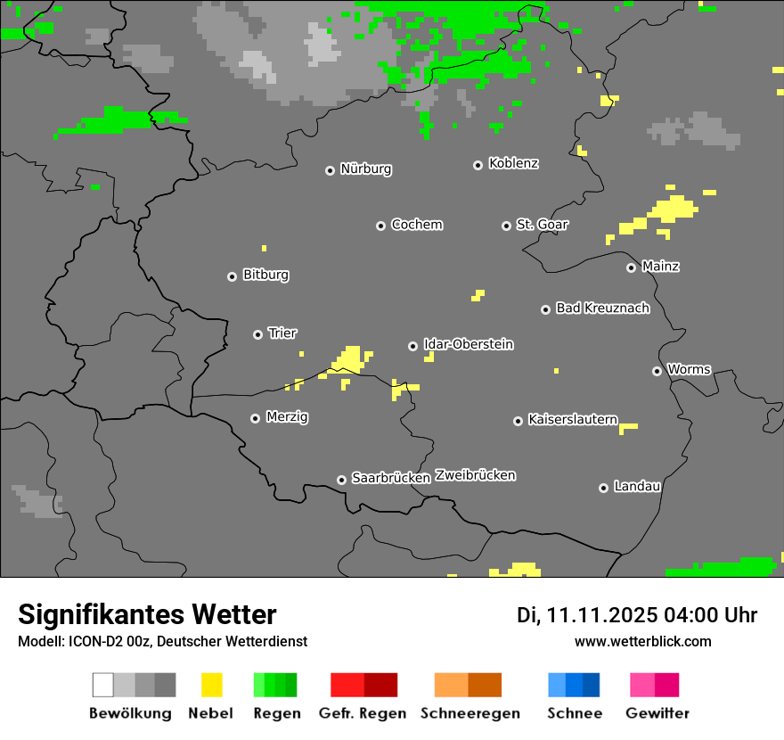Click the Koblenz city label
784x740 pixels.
click(x=513, y=164)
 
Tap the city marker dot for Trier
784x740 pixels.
click(x=258, y=334)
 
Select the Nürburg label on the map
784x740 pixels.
click(x=365, y=169)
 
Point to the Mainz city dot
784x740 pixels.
click(x=632, y=267)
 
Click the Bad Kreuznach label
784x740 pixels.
click(x=602, y=308)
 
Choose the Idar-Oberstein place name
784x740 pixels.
click(x=469, y=345)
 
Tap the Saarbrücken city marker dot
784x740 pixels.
click(x=341, y=480)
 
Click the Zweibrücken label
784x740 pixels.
click(x=475, y=475)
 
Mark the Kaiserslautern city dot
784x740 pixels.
click(x=518, y=421)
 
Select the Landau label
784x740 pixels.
click(x=637, y=487)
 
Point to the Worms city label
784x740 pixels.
click(x=689, y=370)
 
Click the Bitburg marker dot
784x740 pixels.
click(x=232, y=276)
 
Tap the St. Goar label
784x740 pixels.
click(x=542, y=225)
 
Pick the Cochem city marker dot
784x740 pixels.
click(x=380, y=226)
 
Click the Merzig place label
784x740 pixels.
click(x=287, y=417)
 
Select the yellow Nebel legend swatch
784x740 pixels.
click(x=212, y=685)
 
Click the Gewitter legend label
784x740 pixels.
click(x=657, y=713)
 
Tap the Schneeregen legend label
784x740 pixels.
click(x=470, y=713)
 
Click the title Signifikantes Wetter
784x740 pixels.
click(x=147, y=615)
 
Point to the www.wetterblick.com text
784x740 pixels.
click(x=642, y=642)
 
